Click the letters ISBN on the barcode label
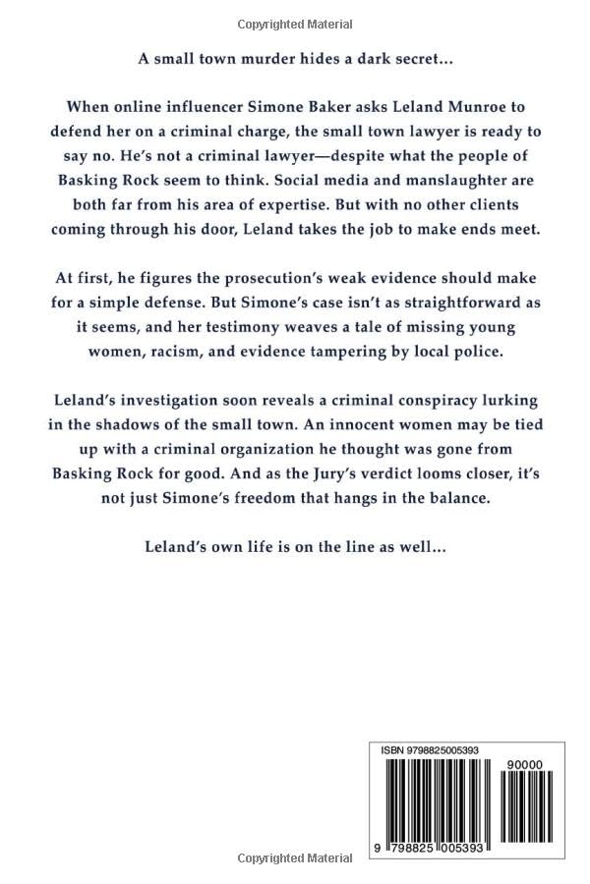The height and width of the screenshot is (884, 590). tap(394, 749)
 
